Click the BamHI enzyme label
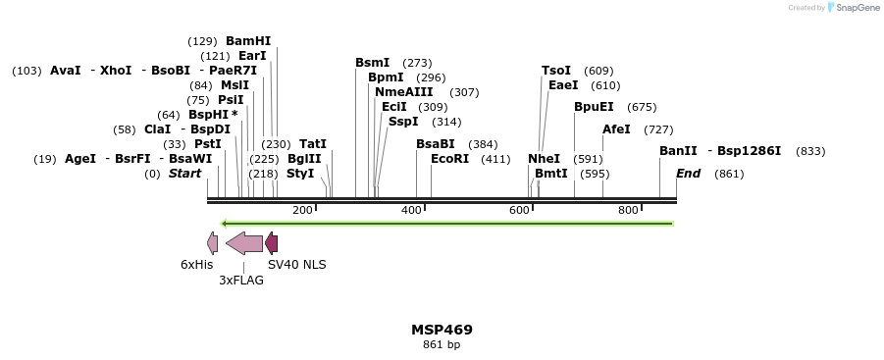[248, 41]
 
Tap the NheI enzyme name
[544, 159]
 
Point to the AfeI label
[616, 129]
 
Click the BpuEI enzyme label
[594, 107]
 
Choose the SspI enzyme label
[403, 122]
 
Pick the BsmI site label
[372, 63]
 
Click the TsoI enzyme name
[556, 71]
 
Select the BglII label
[304, 159]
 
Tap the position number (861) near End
[729, 174]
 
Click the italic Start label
[184, 174]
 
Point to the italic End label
[688, 174]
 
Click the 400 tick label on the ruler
[410, 210]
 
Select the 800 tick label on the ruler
[628, 210]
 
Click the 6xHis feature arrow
[212, 243]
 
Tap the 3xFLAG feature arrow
[244, 243]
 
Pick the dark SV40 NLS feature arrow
[272, 243]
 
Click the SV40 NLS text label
[297, 265]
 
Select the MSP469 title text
[442, 330]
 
